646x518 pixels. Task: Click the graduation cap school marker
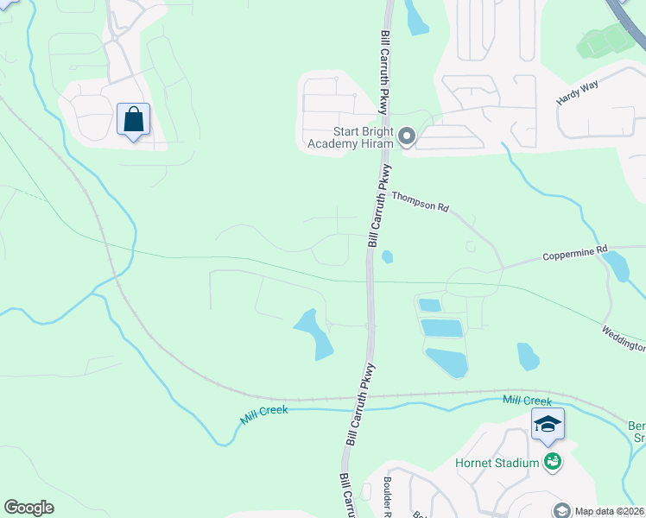coord(548,425)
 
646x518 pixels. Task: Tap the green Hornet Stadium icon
coord(553,463)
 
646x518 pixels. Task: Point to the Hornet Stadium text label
coord(497,464)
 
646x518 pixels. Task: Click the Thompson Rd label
coord(421,202)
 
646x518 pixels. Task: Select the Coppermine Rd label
coord(571,256)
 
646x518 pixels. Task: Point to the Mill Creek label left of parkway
coord(264,415)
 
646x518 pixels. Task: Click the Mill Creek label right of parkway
coord(527,401)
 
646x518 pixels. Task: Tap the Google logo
coord(28,508)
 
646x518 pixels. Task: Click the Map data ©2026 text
coord(609,510)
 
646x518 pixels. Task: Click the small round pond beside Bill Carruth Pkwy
coord(387,256)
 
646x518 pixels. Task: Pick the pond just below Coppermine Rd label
coord(617,268)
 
